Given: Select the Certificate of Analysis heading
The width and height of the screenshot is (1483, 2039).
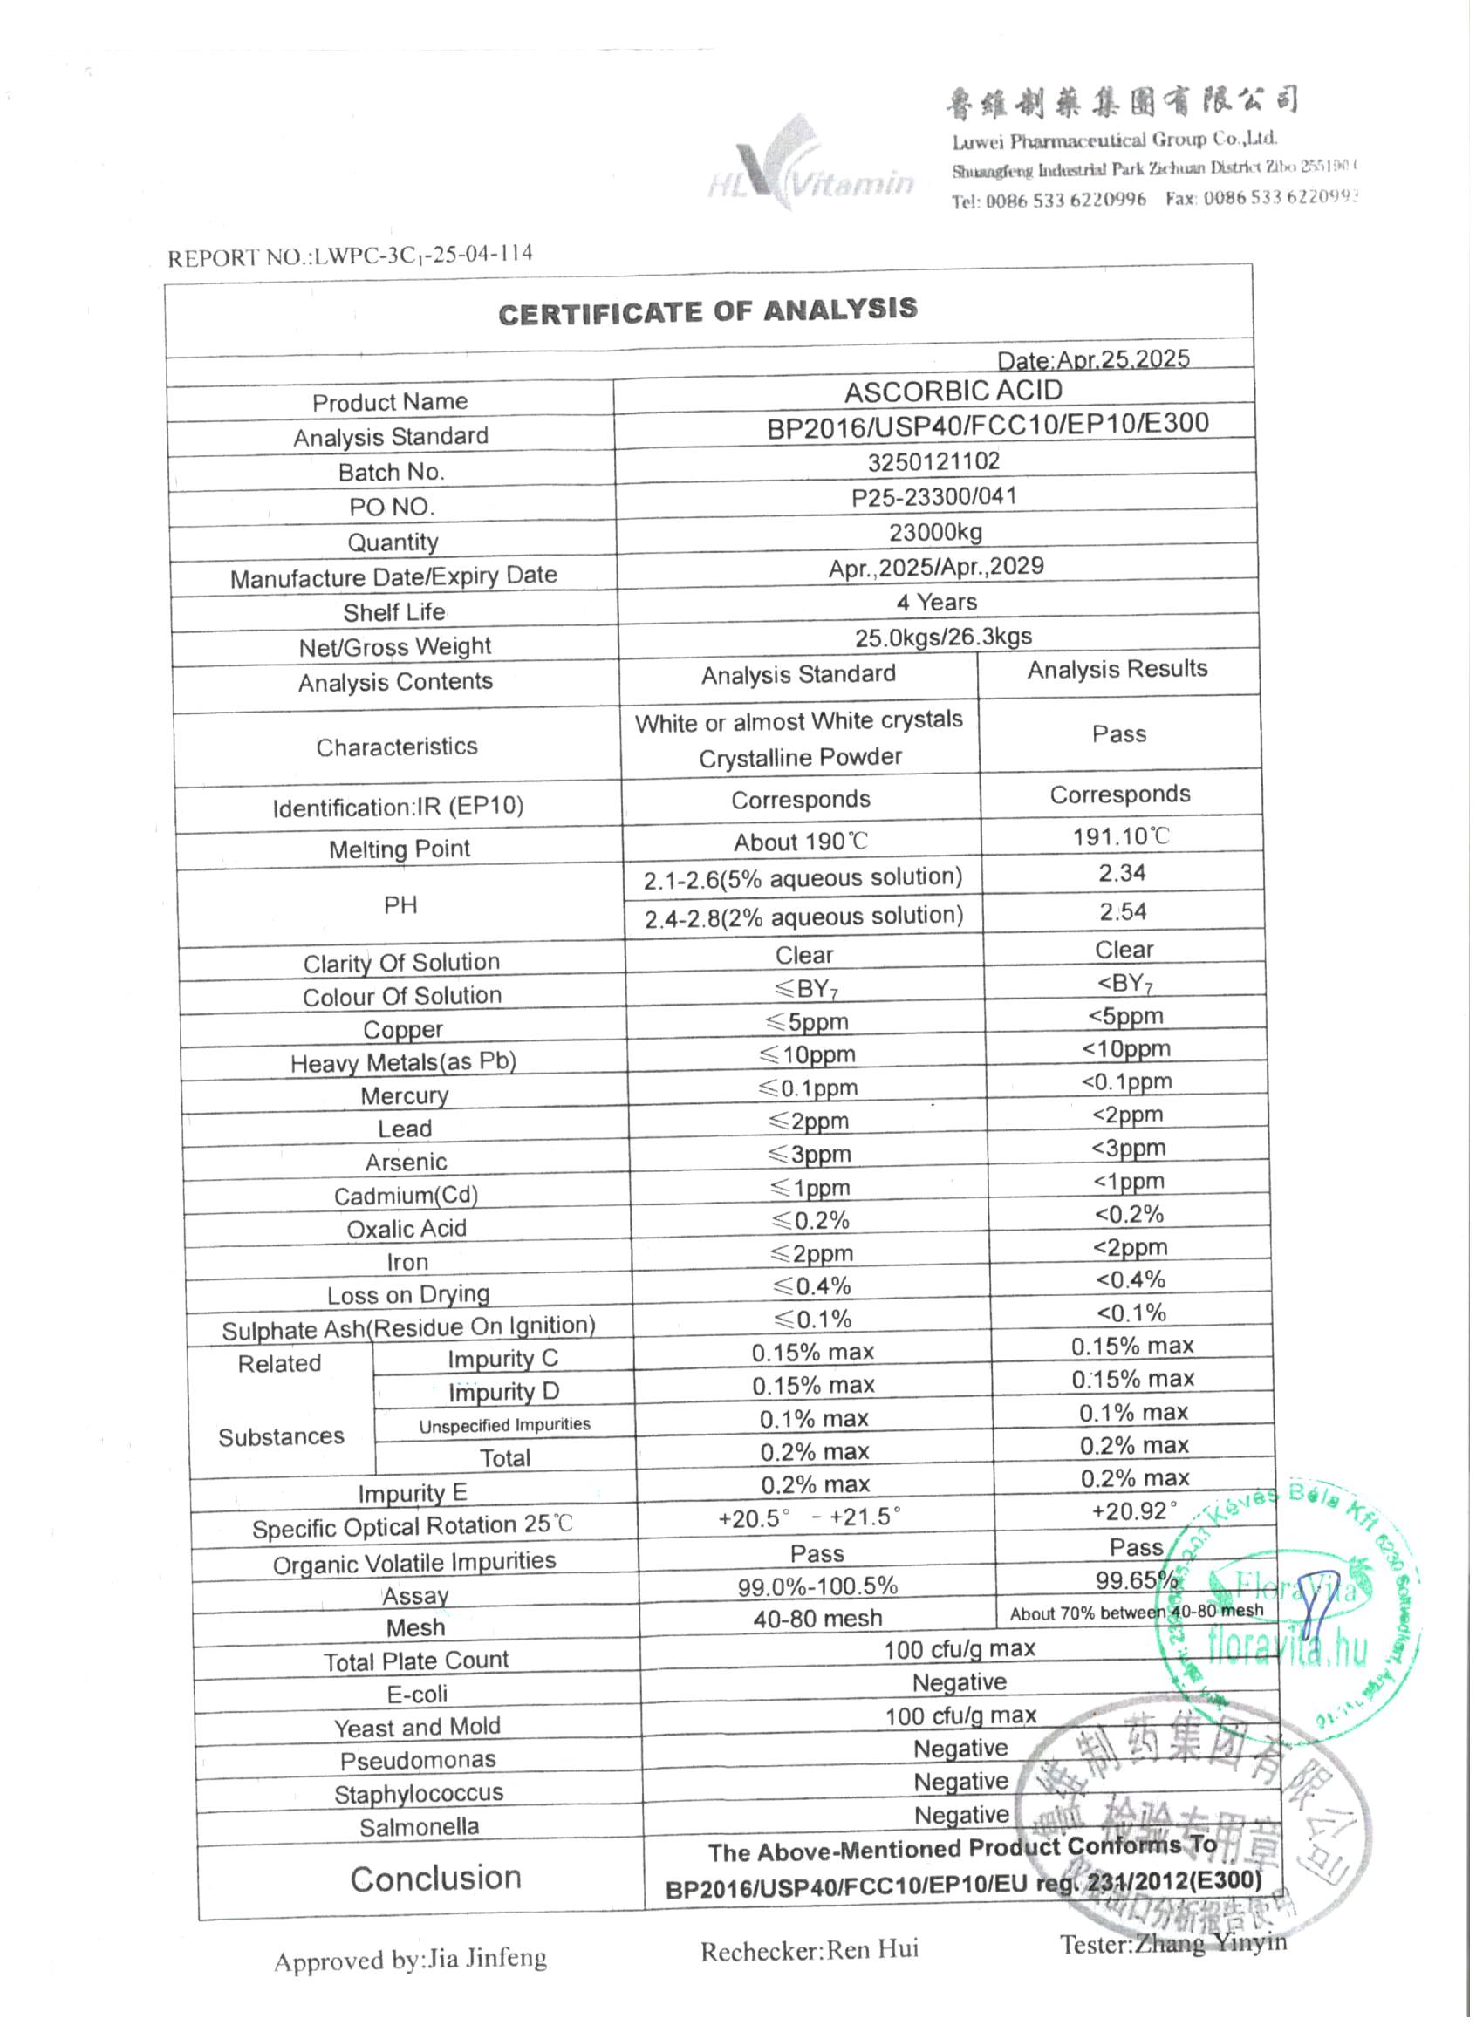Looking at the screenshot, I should pos(707,311).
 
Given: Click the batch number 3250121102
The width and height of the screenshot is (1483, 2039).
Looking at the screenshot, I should pos(933,461).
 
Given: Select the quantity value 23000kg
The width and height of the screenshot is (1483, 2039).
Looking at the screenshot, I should pos(935,532).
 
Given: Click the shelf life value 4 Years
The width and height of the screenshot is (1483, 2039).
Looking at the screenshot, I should pos(936,602).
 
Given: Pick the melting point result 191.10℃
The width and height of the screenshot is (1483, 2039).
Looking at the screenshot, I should pos(1121,836).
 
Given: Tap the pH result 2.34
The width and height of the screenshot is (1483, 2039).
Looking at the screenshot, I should pos(1122,873).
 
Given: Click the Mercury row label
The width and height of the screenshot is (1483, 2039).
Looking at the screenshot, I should pos(404,1096).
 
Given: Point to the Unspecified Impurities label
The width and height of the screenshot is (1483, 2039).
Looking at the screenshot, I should pos(504,1425).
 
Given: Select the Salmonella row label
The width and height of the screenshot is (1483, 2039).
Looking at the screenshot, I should pos(419,1827).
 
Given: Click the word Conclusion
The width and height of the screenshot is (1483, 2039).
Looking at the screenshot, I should pos(435,1878).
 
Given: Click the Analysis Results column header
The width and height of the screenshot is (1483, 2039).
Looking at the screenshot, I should pos(1117,669).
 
